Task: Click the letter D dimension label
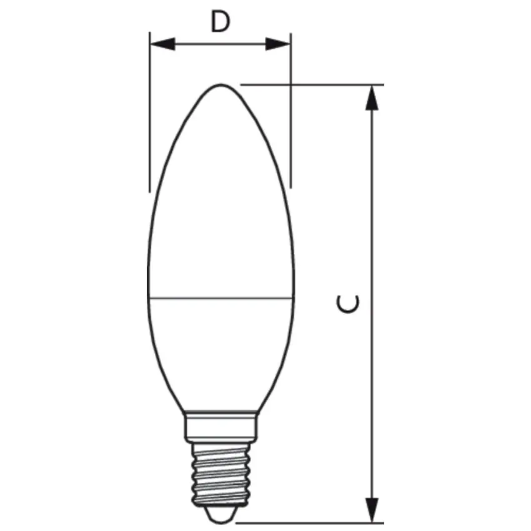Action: tap(220, 22)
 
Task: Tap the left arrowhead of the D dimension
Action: tap(161, 44)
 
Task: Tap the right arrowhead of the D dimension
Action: tap(279, 44)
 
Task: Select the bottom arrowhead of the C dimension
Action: tap(373, 507)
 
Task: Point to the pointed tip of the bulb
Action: tap(221, 86)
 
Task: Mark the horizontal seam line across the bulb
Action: tap(221, 297)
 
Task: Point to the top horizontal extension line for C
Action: tap(312, 84)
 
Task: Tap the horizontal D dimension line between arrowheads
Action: tap(220, 44)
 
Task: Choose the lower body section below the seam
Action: tap(221, 350)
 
